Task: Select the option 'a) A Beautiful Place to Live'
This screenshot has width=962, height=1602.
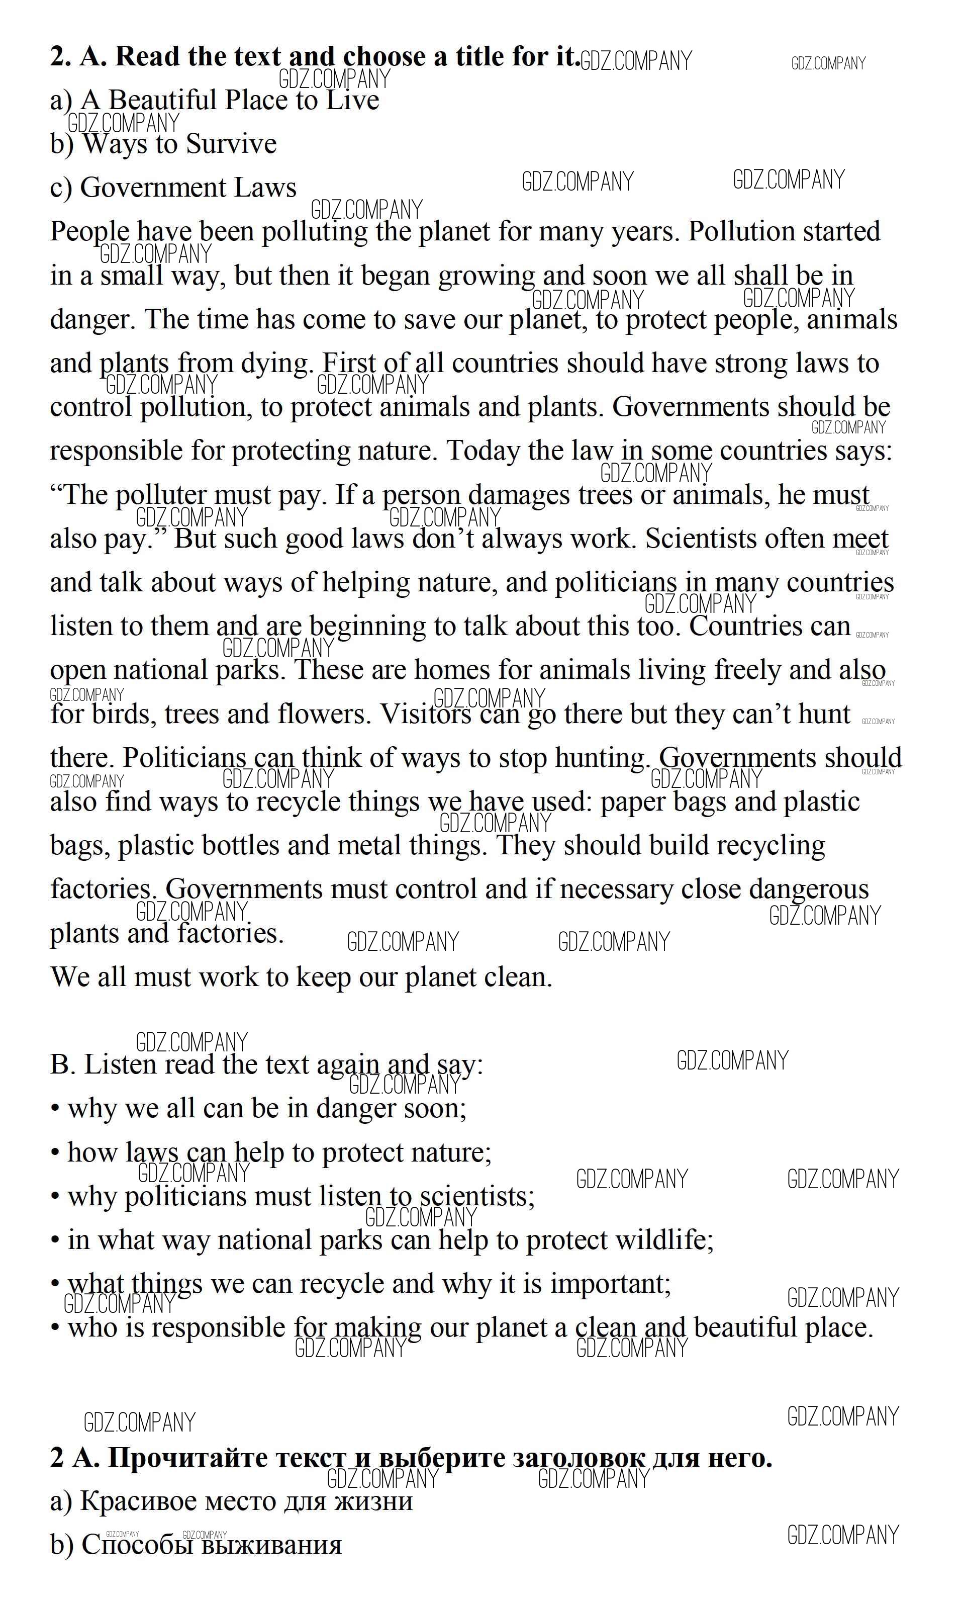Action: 214,101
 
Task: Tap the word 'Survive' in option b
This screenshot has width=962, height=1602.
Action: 231,144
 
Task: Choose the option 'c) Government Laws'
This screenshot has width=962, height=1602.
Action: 173,188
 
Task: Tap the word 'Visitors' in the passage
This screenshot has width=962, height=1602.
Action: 425,715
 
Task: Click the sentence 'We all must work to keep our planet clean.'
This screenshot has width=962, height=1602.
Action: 302,977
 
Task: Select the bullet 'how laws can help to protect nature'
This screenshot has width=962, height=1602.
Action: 279,1152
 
